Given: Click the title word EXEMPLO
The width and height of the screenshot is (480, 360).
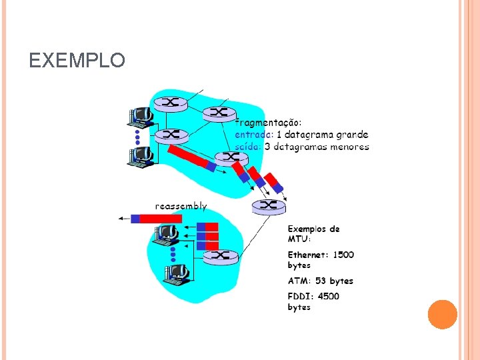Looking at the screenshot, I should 77,61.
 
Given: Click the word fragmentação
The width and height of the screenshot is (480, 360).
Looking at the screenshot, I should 268,122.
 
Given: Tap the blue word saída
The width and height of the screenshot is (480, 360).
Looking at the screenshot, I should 248,146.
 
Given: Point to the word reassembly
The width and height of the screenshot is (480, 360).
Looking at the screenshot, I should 181,207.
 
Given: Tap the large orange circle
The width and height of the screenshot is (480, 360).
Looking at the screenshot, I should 442,314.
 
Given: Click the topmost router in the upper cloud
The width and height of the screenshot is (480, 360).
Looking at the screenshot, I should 169,103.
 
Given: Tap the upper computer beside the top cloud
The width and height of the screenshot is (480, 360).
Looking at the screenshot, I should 141,116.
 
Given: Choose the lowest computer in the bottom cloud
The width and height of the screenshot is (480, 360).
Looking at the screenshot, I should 176,274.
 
